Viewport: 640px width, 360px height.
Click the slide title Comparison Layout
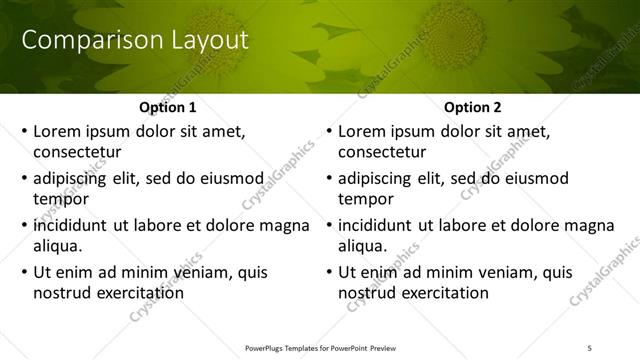pyautogui.click(x=135, y=41)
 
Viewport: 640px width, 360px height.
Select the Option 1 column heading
pyautogui.click(x=166, y=107)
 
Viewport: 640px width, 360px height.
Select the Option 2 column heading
pyautogui.click(x=472, y=107)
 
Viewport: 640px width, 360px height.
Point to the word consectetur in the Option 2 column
pyautogui.click(x=383, y=152)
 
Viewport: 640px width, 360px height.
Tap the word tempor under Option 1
pyautogui.click(x=59, y=199)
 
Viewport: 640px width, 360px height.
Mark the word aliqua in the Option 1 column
pyautogui.click(x=58, y=246)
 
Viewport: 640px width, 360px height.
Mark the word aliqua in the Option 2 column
pyautogui.click(x=364, y=246)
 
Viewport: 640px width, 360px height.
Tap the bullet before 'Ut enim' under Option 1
pyautogui.click(x=24, y=273)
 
